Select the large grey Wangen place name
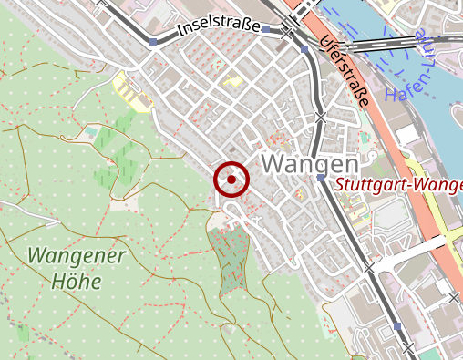click(x=309, y=164)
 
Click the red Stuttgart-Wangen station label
click(x=398, y=186)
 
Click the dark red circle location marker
click(x=231, y=180)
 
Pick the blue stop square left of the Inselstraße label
click(x=152, y=43)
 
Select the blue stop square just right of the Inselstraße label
click(x=265, y=30)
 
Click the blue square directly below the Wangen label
click(x=321, y=180)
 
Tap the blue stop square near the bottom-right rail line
click(x=396, y=325)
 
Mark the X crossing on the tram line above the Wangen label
click(x=320, y=117)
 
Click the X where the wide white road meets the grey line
click(x=368, y=269)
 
